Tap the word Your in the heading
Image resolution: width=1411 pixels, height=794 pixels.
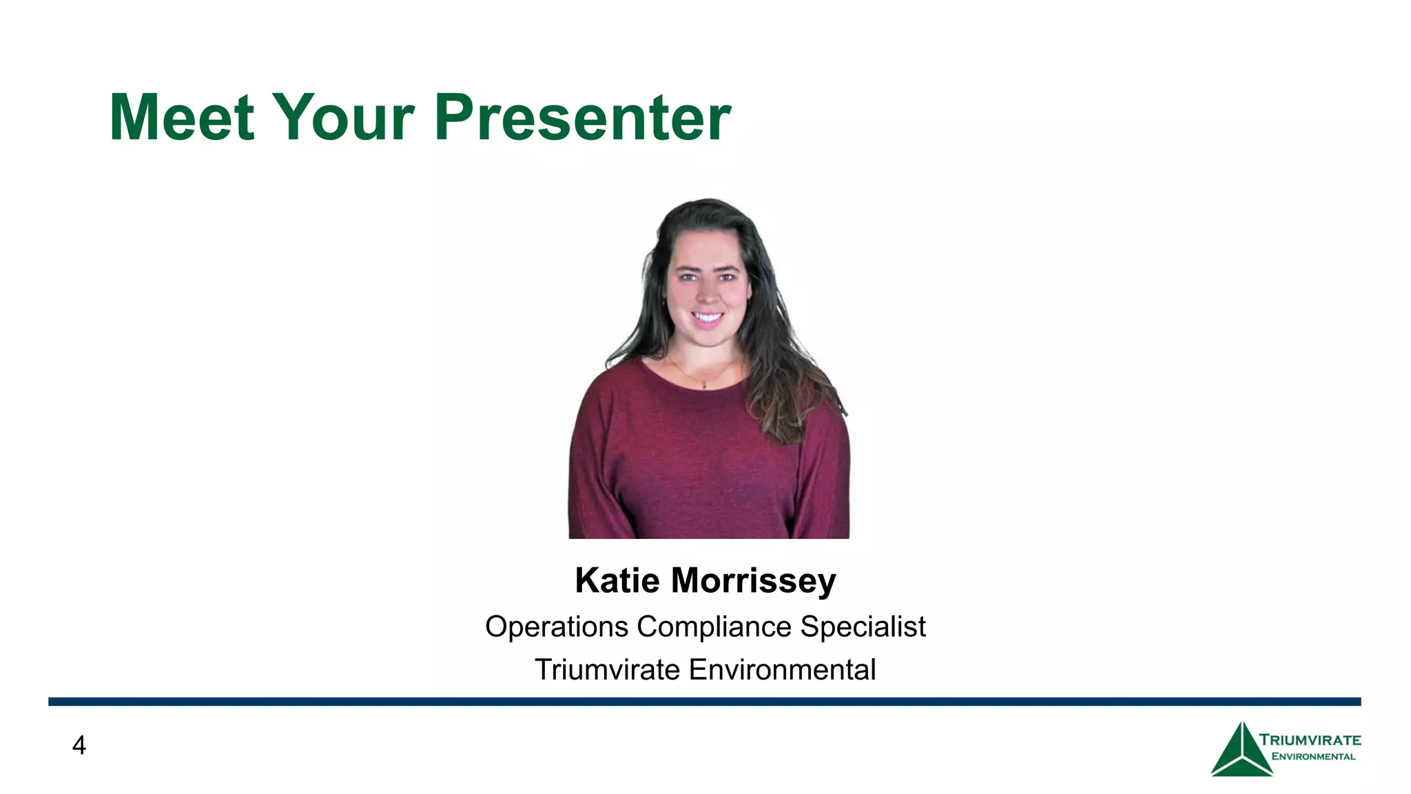point(343,118)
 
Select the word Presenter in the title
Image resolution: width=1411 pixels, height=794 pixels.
point(582,118)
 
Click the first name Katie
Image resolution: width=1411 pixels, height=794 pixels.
point(617,580)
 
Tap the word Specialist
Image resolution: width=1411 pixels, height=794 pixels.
point(863,627)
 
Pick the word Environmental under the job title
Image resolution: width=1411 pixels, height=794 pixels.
point(782,670)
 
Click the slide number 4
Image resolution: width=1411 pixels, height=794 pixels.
point(79,746)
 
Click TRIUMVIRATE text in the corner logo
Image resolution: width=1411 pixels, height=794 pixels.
point(1310,740)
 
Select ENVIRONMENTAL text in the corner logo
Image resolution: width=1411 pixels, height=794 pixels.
point(1313,757)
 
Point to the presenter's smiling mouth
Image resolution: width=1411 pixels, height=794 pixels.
point(707,318)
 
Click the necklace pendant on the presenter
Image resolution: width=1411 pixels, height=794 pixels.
point(704,386)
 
